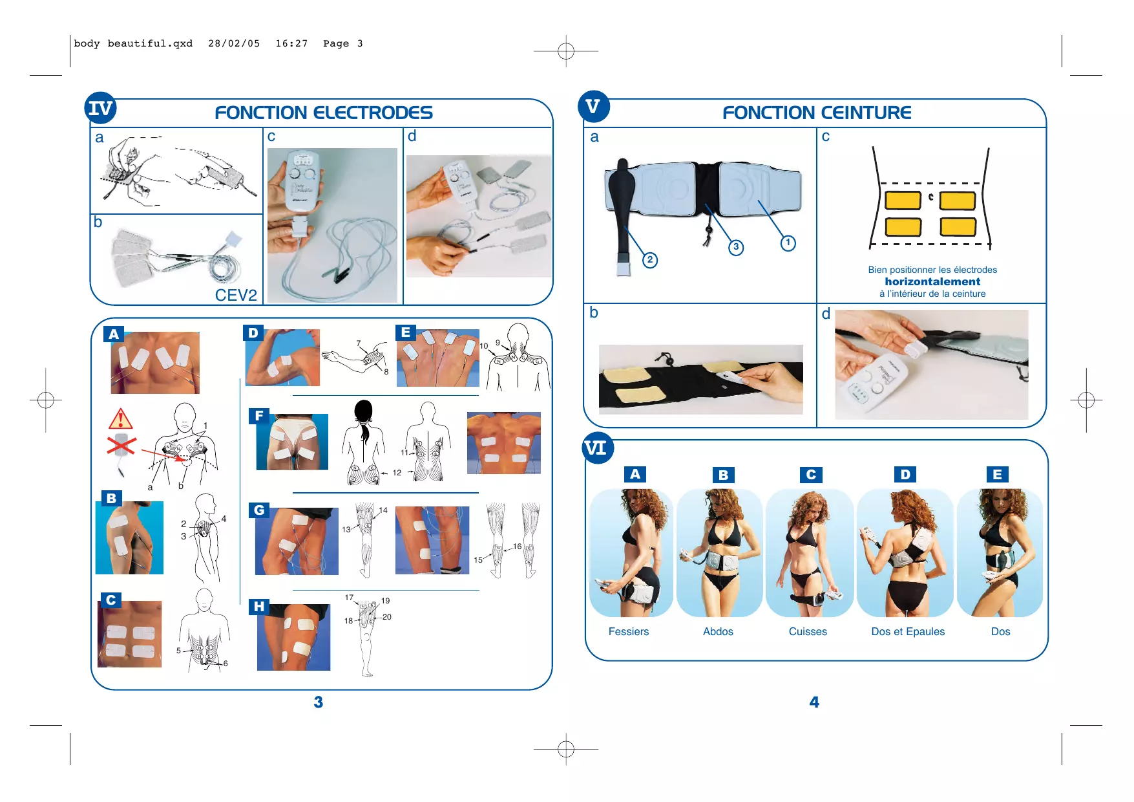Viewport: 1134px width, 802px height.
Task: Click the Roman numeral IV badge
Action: pyautogui.click(x=100, y=108)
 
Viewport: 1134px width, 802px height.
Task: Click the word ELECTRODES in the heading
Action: pyautogui.click(x=373, y=113)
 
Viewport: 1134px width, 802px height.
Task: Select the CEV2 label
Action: pyautogui.click(x=236, y=295)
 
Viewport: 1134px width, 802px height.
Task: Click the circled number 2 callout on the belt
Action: pyautogui.click(x=650, y=260)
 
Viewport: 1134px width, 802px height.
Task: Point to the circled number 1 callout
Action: pyautogui.click(x=788, y=243)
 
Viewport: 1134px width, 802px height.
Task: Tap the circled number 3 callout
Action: pyautogui.click(x=735, y=247)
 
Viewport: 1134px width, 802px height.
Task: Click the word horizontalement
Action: pyautogui.click(x=932, y=281)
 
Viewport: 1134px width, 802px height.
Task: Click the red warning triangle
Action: pyautogui.click(x=121, y=420)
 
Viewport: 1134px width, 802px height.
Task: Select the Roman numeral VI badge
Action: pyautogui.click(x=595, y=448)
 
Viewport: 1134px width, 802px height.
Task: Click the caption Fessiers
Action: pyautogui.click(x=628, y=631)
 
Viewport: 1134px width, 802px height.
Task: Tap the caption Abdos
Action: pyautogui.click(x=718, y=631)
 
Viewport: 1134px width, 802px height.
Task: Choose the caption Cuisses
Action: pyautogui.click(x=808, y=631)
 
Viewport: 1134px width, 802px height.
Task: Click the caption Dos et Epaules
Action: pyautogui.click(x=908, y=631)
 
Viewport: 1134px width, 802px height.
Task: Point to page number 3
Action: pyautogui.click(x=318, y=702)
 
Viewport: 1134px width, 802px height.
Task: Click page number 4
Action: pyautogui.click(x=814, y=702)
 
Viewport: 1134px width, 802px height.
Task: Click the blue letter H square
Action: pyautogui.click(x=258, y=607)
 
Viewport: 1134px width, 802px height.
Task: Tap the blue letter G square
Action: pyautogui.click(x=258, y=510)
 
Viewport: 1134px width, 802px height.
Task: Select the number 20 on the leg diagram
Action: pyautogui.click(x=386, y=617)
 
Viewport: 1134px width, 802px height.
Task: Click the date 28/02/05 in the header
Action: pyautogui.click(x=234, y=43)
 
